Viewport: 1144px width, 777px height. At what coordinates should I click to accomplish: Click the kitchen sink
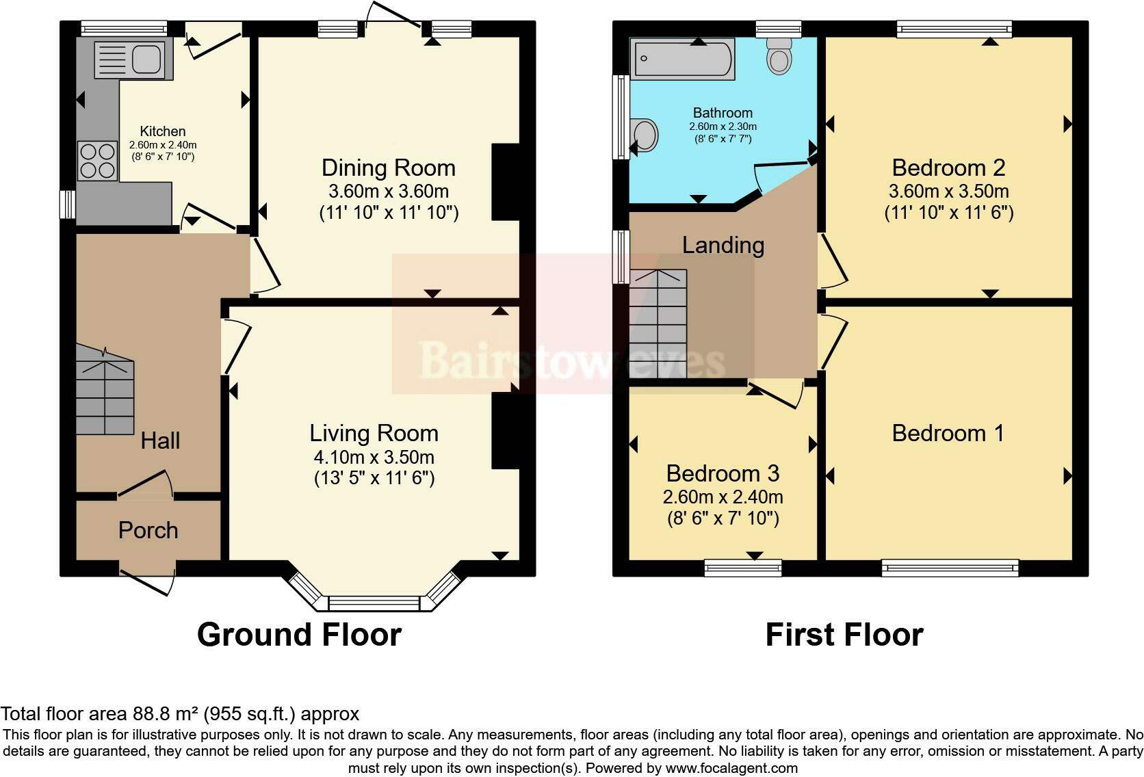pyautogui.click(x=129, y=59)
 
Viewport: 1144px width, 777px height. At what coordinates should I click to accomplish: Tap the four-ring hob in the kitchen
pyautogui.click(x=97, y=160)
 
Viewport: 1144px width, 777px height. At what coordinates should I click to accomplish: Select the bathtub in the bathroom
pyautogui.click(x=682, y=59)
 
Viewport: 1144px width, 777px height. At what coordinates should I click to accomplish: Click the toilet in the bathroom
pyautogui.click(x=779, y=55)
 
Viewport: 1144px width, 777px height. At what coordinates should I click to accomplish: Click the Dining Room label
pyautogui.click(x=388, y=168)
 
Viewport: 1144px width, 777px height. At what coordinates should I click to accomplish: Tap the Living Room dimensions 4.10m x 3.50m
pyautogui.click(x=374, y=457)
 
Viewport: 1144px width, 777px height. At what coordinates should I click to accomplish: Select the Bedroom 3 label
pyautogui.click(x=723, y=473)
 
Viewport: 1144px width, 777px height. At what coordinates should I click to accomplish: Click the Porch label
pyautogui.click(x=148, y=530)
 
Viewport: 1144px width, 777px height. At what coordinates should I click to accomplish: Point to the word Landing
pyautogui.click(x=723, y=245)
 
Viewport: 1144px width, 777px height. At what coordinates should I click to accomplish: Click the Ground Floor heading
pyautogui.click(x=299, y=635)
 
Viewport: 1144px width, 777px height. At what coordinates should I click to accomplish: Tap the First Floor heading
pyautogui.click(x=844, y=635)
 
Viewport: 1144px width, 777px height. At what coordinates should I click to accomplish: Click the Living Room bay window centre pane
pyautogui.click(x=374, y=603)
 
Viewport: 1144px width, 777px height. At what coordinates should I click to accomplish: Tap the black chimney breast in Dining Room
pyautogui.click(x=505, y=182)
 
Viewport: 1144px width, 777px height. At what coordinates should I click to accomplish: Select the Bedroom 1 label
pyautogui.click(x=948, y=433)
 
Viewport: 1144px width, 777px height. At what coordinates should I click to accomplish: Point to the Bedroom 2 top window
pyautogui.click(x=954, y=28)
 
